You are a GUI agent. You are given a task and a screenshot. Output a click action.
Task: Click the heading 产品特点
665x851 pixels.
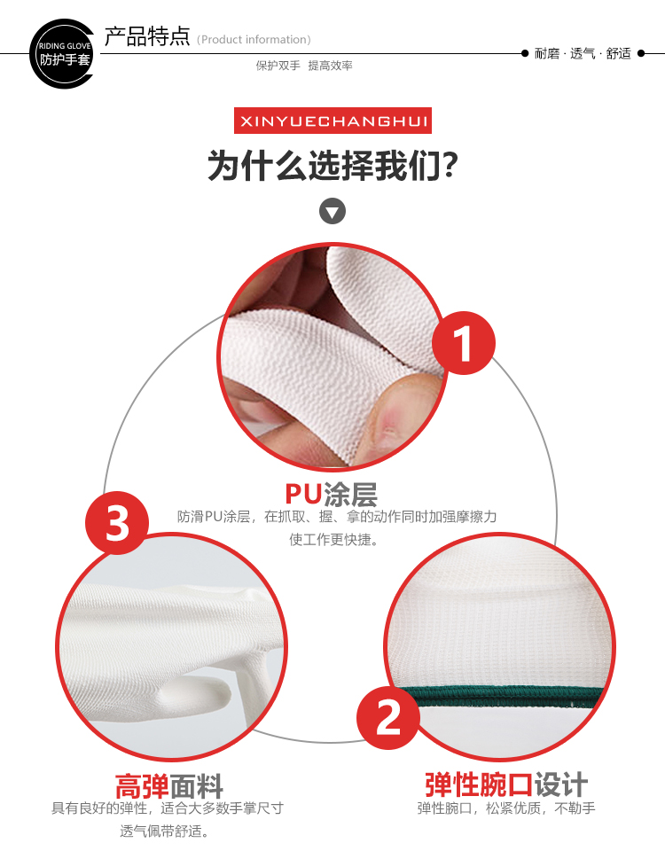146,36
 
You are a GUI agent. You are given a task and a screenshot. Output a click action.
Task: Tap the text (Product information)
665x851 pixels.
254,40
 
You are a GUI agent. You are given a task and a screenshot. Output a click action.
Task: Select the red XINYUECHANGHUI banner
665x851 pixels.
332,121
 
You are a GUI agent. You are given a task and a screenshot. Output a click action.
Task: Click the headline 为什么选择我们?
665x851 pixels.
332,165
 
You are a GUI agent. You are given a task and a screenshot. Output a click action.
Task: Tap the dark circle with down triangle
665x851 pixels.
332,211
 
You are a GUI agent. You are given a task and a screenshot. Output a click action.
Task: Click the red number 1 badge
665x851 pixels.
464,343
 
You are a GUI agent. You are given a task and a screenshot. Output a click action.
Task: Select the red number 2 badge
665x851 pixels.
388,718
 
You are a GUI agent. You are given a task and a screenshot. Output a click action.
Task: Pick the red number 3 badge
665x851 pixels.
117,523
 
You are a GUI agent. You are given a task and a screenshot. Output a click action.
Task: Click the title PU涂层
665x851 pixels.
331,494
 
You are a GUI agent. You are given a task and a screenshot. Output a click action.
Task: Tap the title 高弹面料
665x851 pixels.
169,786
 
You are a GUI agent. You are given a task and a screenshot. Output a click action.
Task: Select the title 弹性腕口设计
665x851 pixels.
506,785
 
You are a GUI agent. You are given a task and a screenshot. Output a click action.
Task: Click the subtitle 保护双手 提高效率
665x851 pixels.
304,66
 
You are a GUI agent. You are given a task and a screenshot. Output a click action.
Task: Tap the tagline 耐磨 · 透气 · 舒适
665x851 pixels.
583,53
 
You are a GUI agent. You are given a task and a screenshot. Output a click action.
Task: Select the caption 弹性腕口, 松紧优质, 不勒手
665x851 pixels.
506,808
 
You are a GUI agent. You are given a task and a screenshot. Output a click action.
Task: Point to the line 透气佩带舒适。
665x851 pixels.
165,831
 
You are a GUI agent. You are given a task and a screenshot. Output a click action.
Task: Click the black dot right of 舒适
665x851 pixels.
641,53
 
